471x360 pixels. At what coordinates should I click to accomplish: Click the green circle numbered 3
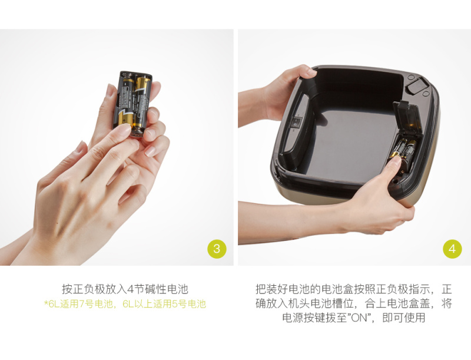click(217, 249)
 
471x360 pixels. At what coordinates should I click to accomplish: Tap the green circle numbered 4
click(452, 249)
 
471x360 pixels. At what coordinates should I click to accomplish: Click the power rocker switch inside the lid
click(297, 123)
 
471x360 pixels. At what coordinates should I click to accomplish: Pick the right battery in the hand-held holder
click(142, 104)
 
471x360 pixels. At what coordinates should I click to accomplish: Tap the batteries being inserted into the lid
click(403, 150)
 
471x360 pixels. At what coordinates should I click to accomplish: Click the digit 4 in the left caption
click(130, 289)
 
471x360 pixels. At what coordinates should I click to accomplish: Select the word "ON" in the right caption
click(359, 318)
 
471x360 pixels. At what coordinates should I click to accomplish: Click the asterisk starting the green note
click(46, 303)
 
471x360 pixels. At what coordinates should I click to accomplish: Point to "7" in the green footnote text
click(81, 304)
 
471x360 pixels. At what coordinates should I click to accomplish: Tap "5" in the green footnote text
click(174, 304)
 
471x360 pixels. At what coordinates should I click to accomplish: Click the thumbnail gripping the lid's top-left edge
click(311, 72)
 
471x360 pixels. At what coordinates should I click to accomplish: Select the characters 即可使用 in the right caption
click(404, 318)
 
